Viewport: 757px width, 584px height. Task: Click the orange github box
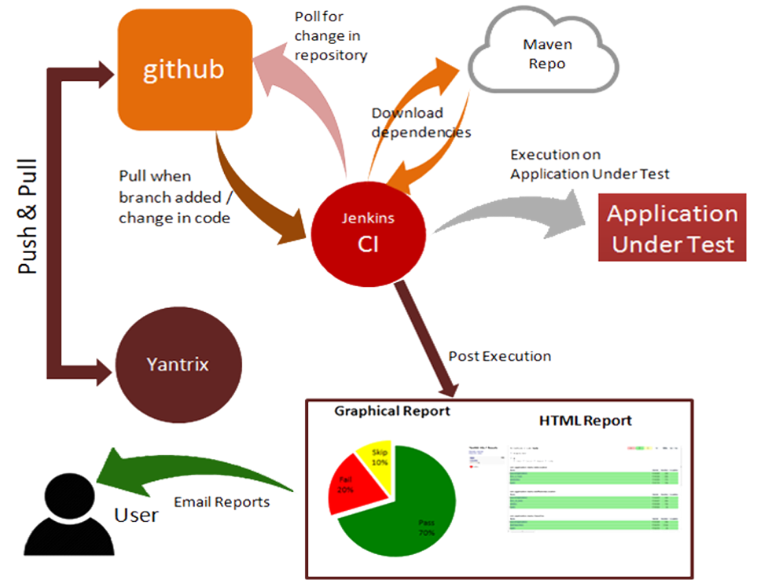184,70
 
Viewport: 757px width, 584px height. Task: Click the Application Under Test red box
672,228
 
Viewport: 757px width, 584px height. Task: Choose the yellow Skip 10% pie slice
376,458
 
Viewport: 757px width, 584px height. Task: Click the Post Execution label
499,356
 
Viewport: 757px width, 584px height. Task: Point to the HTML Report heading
585,421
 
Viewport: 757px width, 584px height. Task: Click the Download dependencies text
421,123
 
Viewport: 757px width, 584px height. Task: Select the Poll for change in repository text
330,36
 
